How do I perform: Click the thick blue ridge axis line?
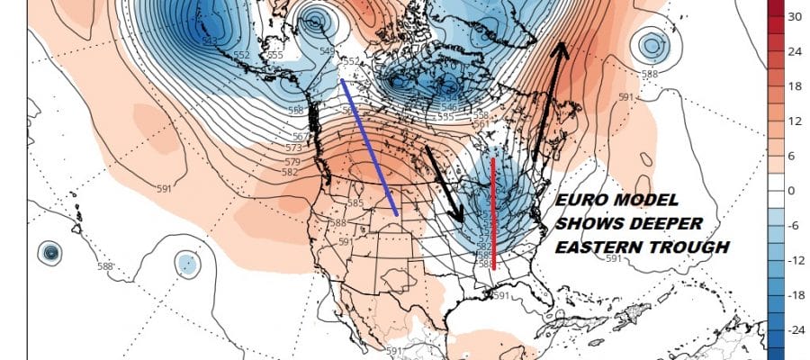[370, 148]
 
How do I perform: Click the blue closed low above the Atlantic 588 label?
[650, 42]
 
